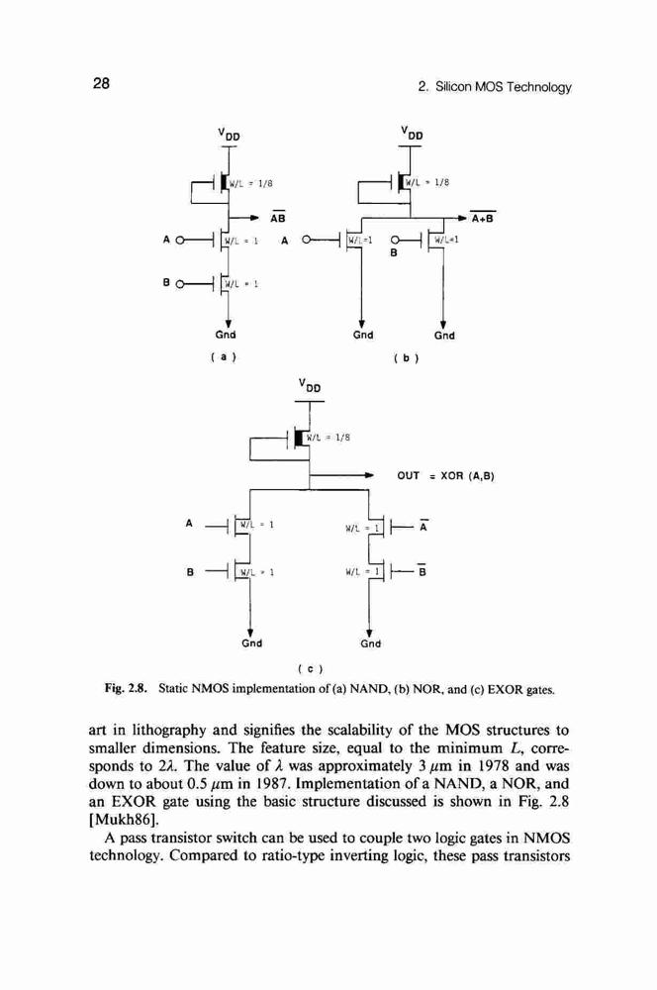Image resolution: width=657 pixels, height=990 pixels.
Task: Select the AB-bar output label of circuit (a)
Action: coord(278,218)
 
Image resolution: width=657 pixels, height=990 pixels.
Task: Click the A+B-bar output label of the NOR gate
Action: coord(483,219)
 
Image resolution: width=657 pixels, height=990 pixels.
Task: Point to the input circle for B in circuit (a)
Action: coord(180,285)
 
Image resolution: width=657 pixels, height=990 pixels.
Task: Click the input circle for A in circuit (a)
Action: coord(180,240)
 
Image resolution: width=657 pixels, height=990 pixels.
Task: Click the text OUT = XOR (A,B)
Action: coord(445,475)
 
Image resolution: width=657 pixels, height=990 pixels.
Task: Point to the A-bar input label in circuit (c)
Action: coord(423,526)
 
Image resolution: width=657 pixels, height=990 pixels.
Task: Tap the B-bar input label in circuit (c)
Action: coord(422,571)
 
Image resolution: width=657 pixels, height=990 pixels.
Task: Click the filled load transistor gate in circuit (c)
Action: coord(300,437)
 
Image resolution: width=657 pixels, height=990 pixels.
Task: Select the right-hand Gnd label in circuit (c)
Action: coord(370,643)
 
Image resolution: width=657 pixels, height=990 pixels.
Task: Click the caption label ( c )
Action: coord(310,667)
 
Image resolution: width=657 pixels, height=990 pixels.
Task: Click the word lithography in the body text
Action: coord(167,732)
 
